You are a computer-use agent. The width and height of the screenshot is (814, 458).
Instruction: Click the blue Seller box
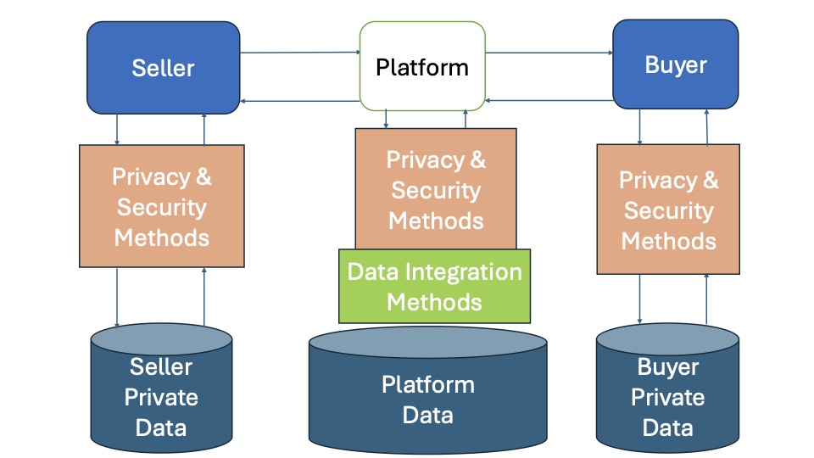click(x=163, y=68)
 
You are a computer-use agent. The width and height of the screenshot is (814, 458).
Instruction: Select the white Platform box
click(x=422, y=66)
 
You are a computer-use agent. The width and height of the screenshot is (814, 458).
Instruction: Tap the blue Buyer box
click(x=675, y=65)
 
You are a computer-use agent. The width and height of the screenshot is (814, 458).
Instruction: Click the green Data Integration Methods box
click(x=434, y=286)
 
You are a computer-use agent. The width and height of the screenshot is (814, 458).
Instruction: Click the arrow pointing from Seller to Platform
click(x=300, y=53)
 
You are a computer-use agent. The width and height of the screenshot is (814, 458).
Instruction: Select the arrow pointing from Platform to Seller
click(x=300, y=102)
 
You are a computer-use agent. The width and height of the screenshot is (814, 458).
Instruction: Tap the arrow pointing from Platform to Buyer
click(x=549, y=53)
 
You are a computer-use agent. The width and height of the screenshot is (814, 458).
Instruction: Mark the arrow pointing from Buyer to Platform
click(x=549, y=100)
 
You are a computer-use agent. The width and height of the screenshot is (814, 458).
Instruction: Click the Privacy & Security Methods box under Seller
click(x=161, y=207)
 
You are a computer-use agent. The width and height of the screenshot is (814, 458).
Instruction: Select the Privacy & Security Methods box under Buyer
click(x=668, y=209)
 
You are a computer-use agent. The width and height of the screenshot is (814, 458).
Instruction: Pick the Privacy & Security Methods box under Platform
click(x=436, y=189)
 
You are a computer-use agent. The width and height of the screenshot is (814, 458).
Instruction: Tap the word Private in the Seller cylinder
click(x=161, y=398)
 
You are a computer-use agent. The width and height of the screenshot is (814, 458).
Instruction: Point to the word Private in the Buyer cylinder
click(x=667, y=398)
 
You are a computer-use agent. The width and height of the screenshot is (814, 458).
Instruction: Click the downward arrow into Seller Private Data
click(x=117, y=297)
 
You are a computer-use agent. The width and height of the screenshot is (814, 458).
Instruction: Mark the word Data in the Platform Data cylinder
click(x=427, y=416)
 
